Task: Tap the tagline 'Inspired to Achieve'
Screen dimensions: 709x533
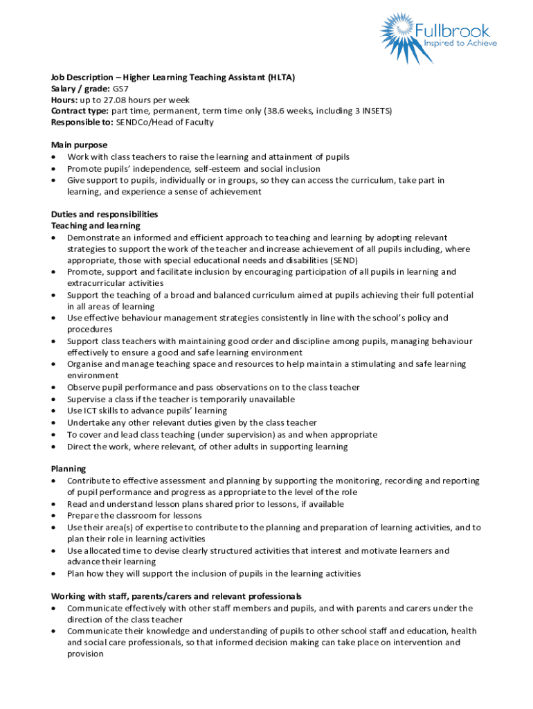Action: click(x=453, y=43)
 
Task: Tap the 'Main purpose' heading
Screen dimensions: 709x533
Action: click(x=79, y=145)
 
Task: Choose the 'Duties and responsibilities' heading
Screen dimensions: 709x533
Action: click(x=105, y=214)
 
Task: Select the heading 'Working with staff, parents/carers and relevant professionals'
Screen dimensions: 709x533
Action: click(x=177, y=596)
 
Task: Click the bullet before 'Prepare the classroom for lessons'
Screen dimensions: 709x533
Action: click(x=55, y=516)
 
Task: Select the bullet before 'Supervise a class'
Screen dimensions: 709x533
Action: click(x=55, y=400)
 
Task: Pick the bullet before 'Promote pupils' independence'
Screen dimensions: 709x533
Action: click(x=55, y=169)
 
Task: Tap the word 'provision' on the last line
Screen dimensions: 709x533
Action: click(x=85, y=654)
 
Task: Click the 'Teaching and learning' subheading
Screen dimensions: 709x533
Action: click(x=96, y=226)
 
